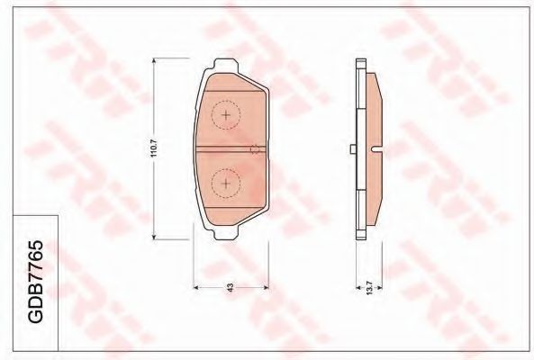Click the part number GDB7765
point(35,282)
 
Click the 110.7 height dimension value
point(154,148)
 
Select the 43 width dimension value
point(231,288)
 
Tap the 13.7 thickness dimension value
point(369,288)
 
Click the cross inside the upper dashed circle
point(226,115)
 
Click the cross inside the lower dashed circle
point(226,184)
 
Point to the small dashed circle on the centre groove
point(255,149)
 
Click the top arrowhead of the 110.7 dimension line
point(154,61)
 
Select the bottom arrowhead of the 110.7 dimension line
point(154,237)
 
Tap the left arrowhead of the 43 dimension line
point(196,288)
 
